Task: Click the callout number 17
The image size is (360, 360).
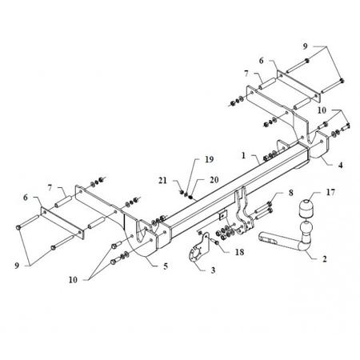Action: (x=330, y=192)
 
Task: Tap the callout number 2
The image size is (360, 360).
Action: (x=325, y=258)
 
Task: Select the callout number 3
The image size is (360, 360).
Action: (x=213, y=270)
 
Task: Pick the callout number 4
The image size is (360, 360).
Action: (x=341, y=166)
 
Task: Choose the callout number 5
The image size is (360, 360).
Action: (x=166, y=266)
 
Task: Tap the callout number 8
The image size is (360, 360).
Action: (x=290, y=193)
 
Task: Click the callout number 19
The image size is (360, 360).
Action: (x=210, y=159)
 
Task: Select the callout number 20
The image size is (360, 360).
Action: (x=214, y=180)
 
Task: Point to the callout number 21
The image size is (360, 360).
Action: (x=162, y=181)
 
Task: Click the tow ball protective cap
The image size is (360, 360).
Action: (x=307, y=209)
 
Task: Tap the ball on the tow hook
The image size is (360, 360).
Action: (x=306, y=228)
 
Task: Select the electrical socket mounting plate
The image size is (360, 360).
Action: (x=198, y=250)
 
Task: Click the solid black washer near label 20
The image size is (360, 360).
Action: (x=190, y=198)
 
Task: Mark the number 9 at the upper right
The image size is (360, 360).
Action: (x=305, y=46)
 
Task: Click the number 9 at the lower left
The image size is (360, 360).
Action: (x=17, y=266)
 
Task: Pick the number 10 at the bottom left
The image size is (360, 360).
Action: (x=73, y=280)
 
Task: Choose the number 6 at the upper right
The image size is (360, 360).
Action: (x=261, y=61)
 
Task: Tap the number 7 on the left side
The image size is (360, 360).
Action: (x=50, y=188)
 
